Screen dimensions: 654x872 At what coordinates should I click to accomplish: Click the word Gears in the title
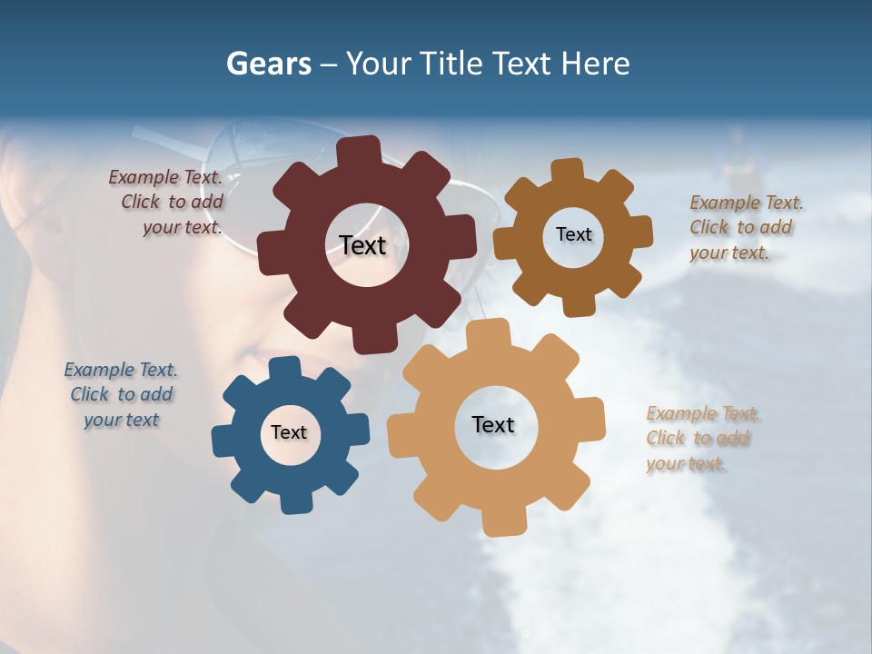(268, 64)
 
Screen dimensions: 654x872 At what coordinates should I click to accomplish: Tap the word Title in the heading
(451, 64)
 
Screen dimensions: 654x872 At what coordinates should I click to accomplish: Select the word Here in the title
(595, 64)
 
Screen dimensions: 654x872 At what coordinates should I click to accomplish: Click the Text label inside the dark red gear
(363, 245)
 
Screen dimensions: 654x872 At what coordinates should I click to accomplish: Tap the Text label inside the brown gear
(573, 234)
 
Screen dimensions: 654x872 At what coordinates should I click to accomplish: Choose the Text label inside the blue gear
(289, 432)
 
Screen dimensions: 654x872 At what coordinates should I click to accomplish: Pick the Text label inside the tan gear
(493, 424)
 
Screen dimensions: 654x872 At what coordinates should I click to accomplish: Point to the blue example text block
(122, 394)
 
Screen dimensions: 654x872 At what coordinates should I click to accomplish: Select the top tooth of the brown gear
(568, 170)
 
